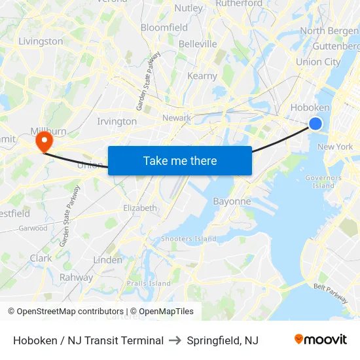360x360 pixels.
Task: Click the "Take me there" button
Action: tap(180, 160)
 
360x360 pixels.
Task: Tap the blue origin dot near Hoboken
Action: tap(315, 124)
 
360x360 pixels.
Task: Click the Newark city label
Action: tap(177, 118)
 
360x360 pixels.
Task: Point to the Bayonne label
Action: tap(232, 202)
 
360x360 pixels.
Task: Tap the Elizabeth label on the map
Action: tap(140, 208)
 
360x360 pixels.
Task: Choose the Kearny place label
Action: tap(202, 76)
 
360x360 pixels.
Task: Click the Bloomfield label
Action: tap(164, 27)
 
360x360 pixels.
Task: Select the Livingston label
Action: tap(41, 41)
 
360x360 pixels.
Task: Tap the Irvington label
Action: tap(117, 121)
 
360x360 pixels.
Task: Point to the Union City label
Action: tap(318, 62)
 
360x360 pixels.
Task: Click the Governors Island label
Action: tap(323, 181)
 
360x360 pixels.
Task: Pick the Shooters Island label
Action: tap(189, 239)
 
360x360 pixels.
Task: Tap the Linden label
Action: tap(107, 260)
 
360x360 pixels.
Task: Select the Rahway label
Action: tap(76, 277)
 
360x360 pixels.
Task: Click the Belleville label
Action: tap(198, 44)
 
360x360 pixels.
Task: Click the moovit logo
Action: tap(320, 340)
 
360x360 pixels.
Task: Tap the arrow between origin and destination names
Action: tap(175, 340)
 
